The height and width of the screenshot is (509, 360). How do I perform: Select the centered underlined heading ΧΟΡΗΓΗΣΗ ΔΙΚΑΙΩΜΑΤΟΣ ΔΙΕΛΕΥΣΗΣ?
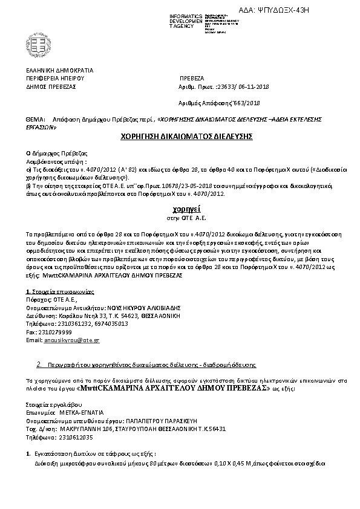click(180, 137)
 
